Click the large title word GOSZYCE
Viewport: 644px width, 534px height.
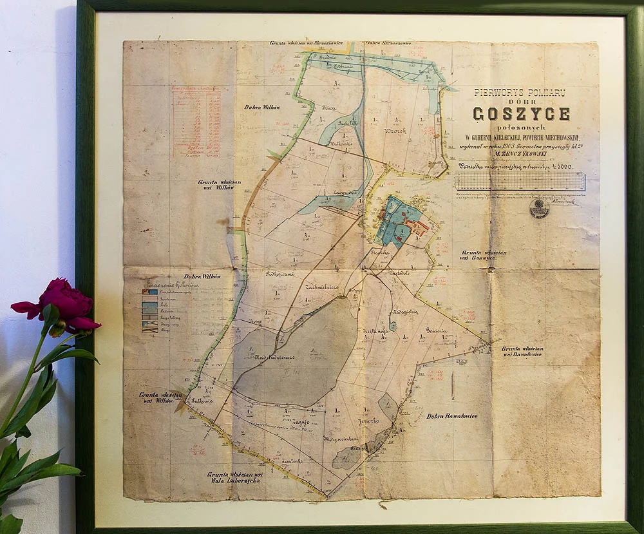(521, 114)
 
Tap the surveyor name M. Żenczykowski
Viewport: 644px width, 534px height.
(520, 153)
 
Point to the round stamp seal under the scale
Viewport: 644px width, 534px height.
(538, 207)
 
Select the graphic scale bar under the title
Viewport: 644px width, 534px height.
(520, 181)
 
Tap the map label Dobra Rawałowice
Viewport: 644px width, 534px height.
(451, 416)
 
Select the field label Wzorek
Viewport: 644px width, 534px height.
(395, 130)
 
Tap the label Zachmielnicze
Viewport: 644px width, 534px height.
(323, 287)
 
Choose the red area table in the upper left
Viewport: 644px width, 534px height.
(196, 121)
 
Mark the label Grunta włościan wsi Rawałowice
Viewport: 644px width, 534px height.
(521, 351)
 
